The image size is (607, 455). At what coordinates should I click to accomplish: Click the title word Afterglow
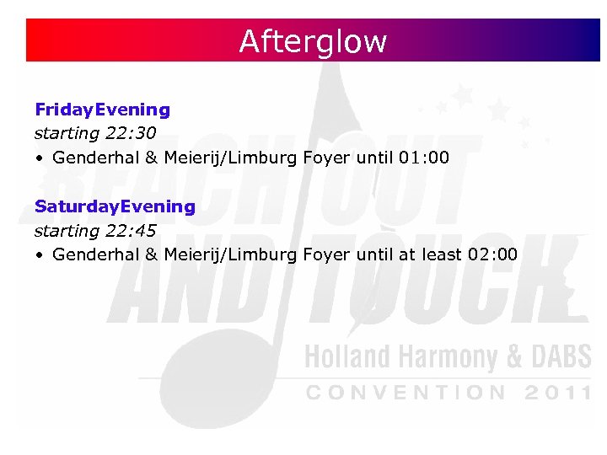pyautogui.click(x=313, y=40)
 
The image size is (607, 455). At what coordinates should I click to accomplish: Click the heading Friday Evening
pyautogui.click(x=102, y=110)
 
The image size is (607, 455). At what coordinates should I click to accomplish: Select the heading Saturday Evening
pyautogui.click(x=115, y=206)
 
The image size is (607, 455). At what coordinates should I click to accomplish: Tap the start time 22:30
pyautogui.click(x=132, y=133)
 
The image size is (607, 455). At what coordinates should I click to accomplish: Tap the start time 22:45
pyautogui.click(x=132, y=230)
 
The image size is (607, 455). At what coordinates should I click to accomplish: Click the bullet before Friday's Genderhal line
pyautogui.click(x=40, y=158)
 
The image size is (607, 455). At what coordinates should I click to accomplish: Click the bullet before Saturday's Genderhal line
pyautogui.click(x=40, y=255)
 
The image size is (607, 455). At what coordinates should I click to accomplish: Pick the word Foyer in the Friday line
pyautogui.click(x=326, y=158)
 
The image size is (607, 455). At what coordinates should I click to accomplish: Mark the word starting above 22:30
pyautogui.click(x=67, y=134)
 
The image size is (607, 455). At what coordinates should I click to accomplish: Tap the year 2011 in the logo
pyautogui.click(x=557, y=392)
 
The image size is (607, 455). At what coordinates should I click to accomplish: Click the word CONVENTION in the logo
pyautogui.click(x=406, y=392)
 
